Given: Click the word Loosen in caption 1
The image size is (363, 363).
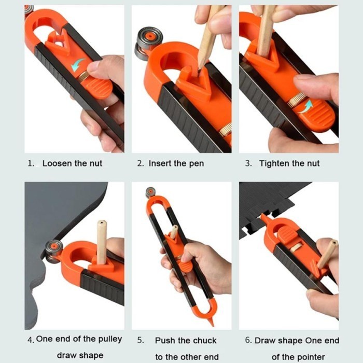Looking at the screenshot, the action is [x=57, y=163].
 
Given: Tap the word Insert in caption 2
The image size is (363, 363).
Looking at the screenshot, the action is [x=160, y=163].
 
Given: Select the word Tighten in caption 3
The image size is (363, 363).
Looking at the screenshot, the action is [x=274, y=164].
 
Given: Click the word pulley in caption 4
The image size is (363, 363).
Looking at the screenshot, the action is [x=110, y=339].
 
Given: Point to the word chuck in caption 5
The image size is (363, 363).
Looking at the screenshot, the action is [x=205, y=341].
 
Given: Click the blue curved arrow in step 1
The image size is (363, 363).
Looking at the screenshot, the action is [x=78, y=64].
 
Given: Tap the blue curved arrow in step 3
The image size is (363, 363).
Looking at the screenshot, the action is [x=305, y=106].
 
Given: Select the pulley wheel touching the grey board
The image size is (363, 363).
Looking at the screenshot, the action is [x=53, y=252].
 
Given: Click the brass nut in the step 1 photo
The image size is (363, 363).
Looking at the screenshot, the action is [x=82, y=76].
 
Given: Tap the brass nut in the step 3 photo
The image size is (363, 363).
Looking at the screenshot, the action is [x=295, y=100].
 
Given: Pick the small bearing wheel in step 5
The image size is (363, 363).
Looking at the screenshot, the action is [x=150, y=192].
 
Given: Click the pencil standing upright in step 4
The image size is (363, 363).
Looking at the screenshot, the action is [x=102, y=242].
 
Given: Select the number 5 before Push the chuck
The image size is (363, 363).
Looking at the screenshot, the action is [x=141, y=340].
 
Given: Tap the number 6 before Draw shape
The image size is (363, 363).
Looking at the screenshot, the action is [x=248, y=340].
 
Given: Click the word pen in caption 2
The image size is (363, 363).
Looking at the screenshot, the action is [x=197, y=164].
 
